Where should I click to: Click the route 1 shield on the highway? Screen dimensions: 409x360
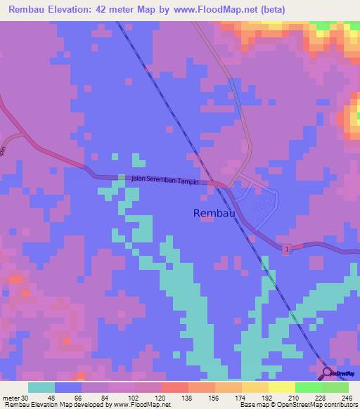[287, 249]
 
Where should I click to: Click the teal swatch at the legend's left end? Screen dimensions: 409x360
[41, 387]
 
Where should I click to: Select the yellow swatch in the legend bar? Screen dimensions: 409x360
[282, 387]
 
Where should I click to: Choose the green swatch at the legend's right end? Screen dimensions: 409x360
[335, 387]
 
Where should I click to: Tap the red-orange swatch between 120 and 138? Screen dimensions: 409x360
[175, 387]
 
